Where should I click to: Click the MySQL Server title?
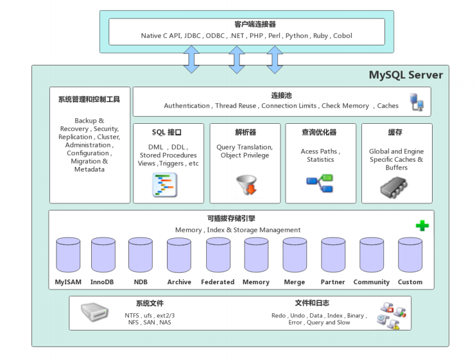pos(405,75)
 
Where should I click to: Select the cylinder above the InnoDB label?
pos(103,255)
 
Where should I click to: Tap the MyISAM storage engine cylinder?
pos(68,255)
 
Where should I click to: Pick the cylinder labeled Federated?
pos(218,255)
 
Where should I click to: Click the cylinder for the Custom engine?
pos(410,255)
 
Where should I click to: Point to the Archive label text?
pos(179,282)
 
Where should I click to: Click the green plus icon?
pos(422,226)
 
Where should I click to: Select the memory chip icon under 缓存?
pos(396,185)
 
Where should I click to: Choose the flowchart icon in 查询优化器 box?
pos(320,184)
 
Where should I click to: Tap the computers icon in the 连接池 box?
pos(417,102)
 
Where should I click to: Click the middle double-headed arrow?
pos(237,59)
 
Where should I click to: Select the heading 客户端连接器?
pos(246,24)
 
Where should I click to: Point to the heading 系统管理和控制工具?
pos(89,99)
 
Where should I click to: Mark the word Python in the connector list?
pos(297,36)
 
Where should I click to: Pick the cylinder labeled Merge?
pos(295,255)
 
